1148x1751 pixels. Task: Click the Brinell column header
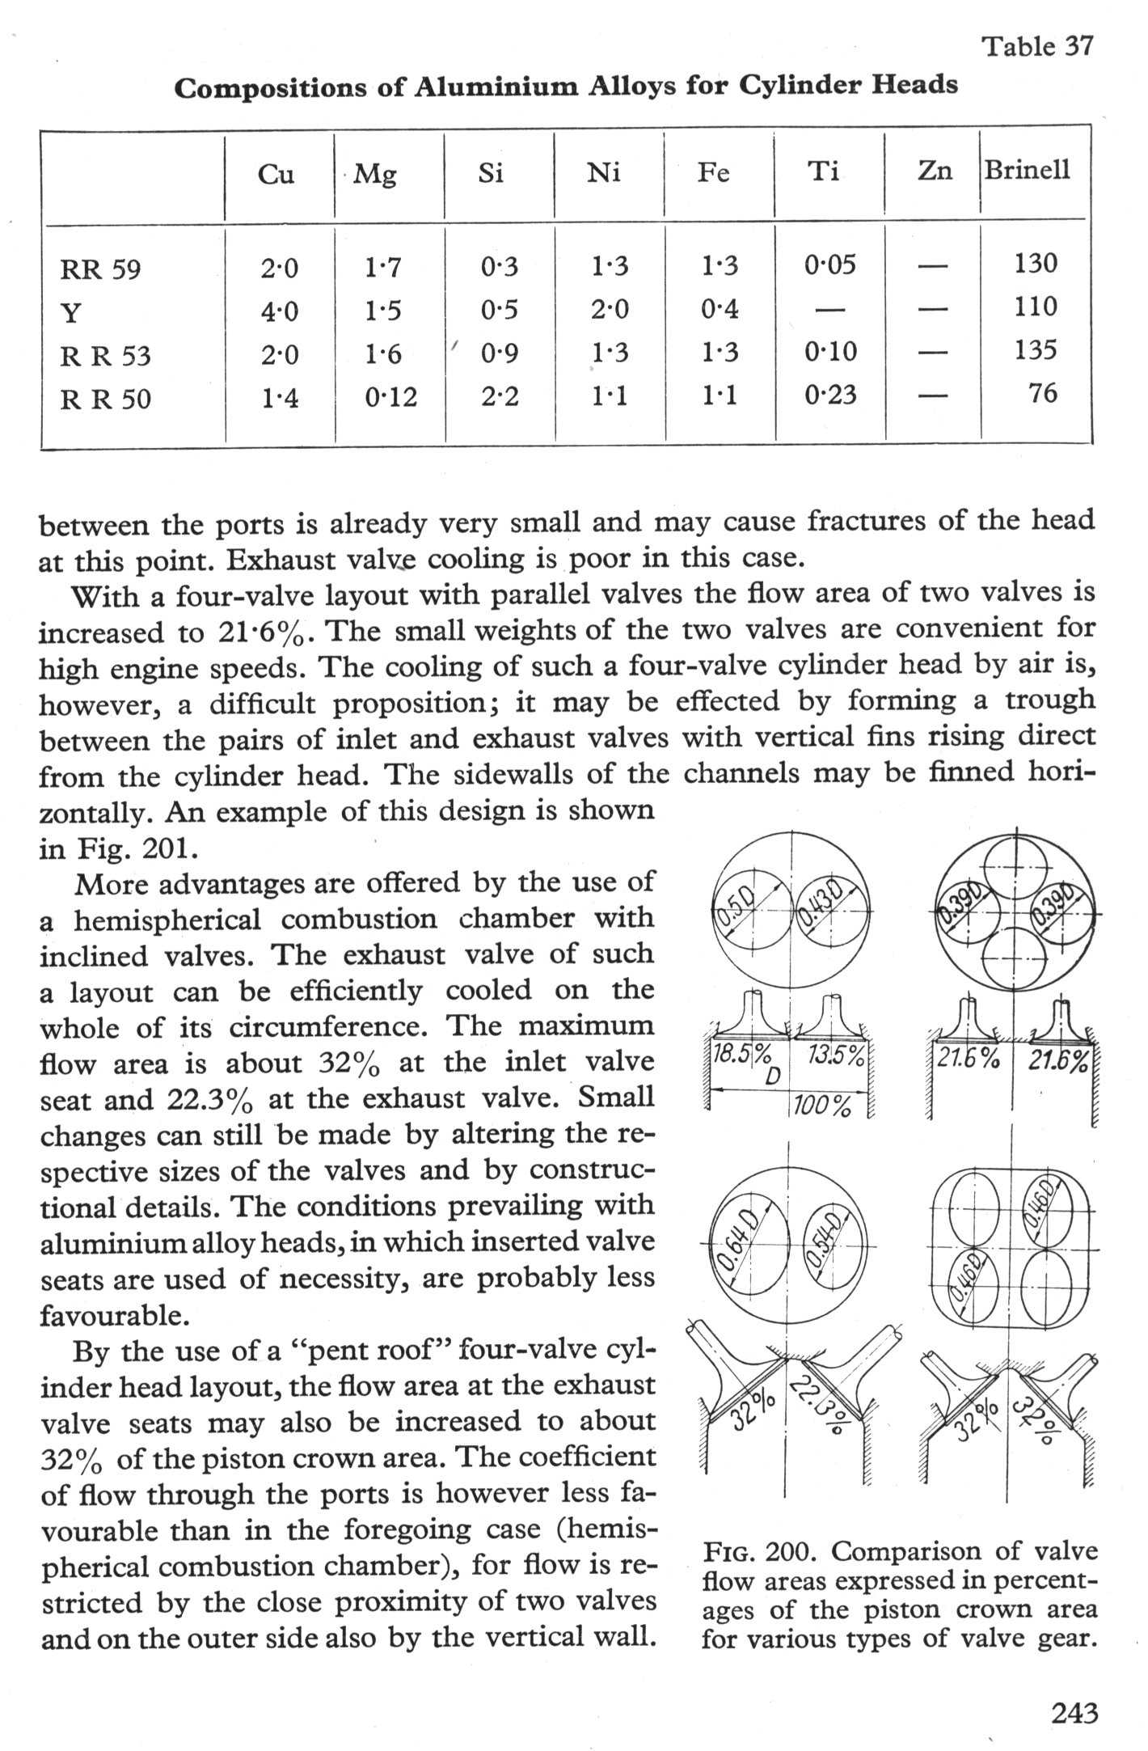pos(1027,171)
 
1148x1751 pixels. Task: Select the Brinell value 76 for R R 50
pos(1043,393)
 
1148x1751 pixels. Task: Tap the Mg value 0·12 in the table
pos(390,396)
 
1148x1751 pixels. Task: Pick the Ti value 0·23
pos(830,395)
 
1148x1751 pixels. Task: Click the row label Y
pos(70,312)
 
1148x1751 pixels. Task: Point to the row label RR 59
pos(100,269)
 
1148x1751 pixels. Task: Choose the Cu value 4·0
pos(279,311)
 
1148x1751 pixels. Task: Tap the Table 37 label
pos(1037,47)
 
